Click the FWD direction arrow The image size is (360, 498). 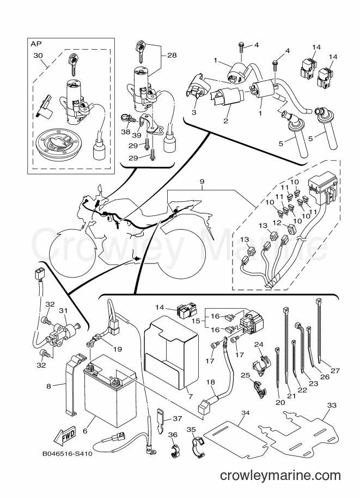point(65,435)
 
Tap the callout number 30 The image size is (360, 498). point(38,56)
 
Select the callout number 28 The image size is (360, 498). point(172,55)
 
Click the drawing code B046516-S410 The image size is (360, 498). point(67,454)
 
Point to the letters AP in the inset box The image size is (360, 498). point(36,44)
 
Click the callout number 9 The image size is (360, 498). point(202,182)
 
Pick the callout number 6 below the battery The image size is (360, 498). point(85,431)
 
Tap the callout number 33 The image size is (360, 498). point(332,405)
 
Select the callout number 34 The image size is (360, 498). point(245,413)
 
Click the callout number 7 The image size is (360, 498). point(190,397)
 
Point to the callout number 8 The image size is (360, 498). point(48,387)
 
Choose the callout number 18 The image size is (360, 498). point(211,382)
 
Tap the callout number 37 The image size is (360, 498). point(178,418)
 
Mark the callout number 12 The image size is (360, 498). point(277,223)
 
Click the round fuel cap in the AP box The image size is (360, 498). point(55,143)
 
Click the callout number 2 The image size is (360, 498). point(225,121)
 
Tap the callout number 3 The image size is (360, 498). point(194,112)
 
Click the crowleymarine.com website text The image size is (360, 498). point(280,475)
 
